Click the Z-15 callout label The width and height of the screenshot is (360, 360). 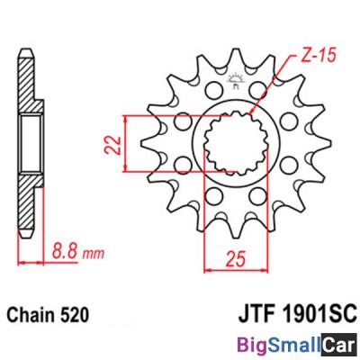coord(318,55)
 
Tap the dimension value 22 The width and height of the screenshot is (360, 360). coord(113,146)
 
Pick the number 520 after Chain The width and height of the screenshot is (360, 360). coord(75,315)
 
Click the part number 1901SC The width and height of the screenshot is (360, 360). coord(319,314)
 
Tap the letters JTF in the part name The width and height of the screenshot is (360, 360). coord(257,314)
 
